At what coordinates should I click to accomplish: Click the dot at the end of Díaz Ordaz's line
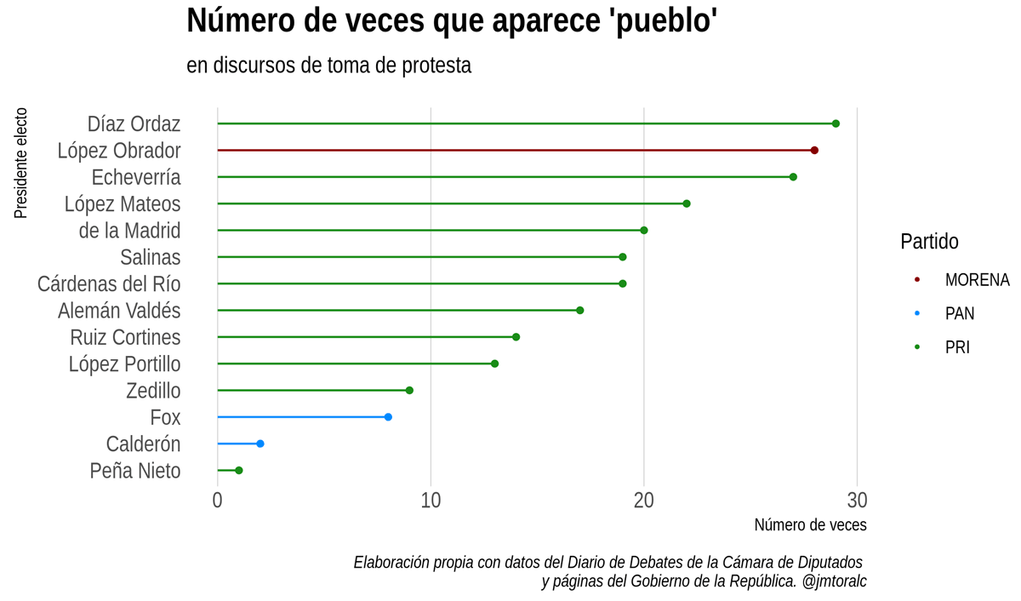coord(836,124)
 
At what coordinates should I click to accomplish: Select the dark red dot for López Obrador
coord(814,151)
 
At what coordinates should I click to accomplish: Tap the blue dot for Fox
coord(388,417)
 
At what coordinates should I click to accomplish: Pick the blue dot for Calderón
coord(260,444)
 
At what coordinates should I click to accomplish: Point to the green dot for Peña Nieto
coord(239,471)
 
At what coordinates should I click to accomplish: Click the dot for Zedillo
coord(409,391)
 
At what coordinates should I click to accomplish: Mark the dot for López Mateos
coord(687,203)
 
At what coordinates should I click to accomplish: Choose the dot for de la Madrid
coord(644,231)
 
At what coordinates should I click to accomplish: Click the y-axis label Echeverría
coord(136,177)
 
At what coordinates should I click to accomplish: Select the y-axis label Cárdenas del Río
coord(109,283)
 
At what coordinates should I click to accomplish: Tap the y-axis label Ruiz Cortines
coord(125,337)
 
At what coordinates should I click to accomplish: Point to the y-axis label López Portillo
coord(124,364)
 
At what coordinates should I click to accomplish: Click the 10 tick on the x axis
coord(431,500)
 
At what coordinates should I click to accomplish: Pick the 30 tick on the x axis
coord(856,500)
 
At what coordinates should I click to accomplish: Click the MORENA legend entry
coord(976,280)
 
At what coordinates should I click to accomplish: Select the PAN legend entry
coord(959,314)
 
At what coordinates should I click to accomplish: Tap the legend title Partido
coord(929,242)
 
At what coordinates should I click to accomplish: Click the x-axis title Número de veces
coord(810,525)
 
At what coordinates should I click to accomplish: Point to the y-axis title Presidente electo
coord(21,163)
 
